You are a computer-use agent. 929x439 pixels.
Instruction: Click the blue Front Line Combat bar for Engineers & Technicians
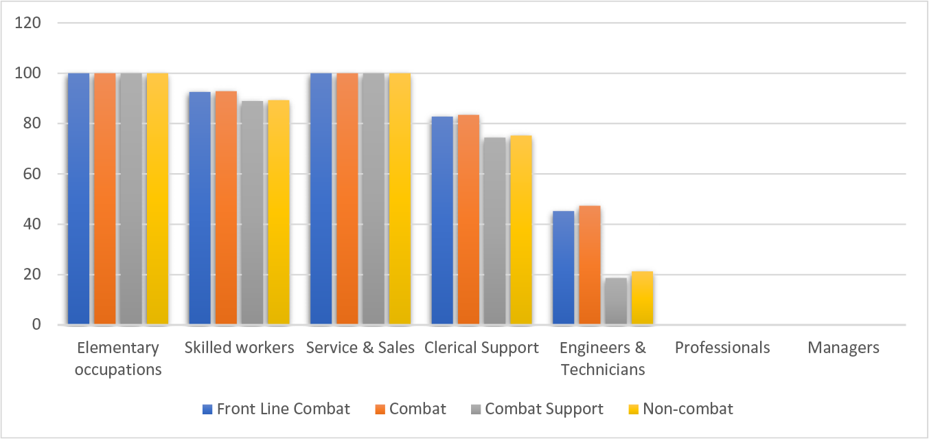point(563,268)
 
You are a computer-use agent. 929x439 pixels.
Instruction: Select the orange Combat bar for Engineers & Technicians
point(589,265)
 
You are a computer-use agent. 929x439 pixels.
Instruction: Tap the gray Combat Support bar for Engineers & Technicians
point(616,301)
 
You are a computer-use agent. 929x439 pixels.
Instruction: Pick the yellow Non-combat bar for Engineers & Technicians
point(642,298)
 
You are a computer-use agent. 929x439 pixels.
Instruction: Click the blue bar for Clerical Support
point(441,221)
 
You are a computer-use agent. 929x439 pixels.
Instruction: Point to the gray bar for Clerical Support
point(494,231)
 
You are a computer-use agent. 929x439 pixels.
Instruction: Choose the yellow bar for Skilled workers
point(278,212)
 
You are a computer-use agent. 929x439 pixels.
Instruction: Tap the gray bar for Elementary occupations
point(130,199)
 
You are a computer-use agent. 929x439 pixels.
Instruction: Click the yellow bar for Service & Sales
point(400,199)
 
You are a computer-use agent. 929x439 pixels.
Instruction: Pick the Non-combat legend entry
point(680,409)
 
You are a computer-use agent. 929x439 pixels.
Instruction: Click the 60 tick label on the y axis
point(33,174)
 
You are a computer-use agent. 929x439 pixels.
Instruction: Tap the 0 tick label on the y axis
point(37,325)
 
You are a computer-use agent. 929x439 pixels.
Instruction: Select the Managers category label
point(843,348)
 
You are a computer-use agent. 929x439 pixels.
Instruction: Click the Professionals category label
point(722,348)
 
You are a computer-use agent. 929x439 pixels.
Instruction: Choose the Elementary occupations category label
point(118,359)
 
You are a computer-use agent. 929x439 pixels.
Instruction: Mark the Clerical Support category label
point(481,348)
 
